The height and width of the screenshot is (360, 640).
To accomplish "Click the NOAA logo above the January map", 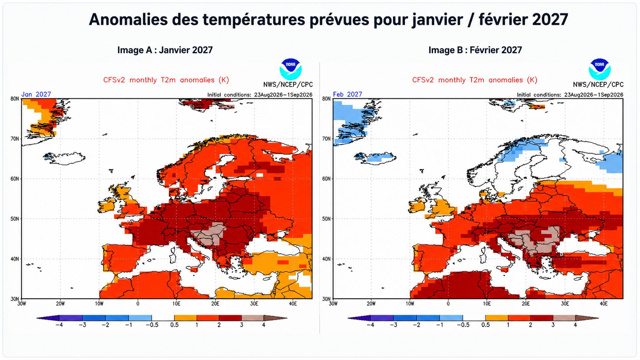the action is pyautogui.click(x=290, y=69).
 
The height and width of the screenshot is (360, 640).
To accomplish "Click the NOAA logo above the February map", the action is pyautogui.click(x=599, y=69).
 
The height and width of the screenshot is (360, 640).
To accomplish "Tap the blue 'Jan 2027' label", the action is pyautogui.click(x=36, y=94).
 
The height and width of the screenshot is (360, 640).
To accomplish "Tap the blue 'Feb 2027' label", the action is pyautogui.click(x=348, y=94).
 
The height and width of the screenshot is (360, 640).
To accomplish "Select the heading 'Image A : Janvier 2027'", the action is pyautogui.click(x=165, y=50).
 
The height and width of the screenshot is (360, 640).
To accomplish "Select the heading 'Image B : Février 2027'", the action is pyautogui.click(x=475, y=50).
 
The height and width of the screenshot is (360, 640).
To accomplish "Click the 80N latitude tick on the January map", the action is pyautogui.click(x=15, y=99).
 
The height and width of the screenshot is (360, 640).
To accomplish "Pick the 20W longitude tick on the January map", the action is pyautogui.click(x=60, y=304).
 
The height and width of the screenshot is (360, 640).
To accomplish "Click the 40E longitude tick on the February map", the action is pyautogui.click(x=603, y=304).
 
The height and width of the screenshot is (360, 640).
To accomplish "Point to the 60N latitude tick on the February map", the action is pyautogui.click(x=326, y=179).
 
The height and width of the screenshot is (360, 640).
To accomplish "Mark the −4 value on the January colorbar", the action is pyautogui.click(x=59, y=325).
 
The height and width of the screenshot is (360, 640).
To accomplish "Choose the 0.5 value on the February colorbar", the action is pyautogui.click(x=485, y=325).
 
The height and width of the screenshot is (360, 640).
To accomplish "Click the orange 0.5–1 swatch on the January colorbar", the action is pyautogui.click(x=185, y=318).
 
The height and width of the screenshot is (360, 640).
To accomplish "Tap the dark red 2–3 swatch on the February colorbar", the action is pyautogui.click(x=542, y=318).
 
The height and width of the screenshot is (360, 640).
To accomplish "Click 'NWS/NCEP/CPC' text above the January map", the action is pyautogui.click(x=288, y=85).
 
